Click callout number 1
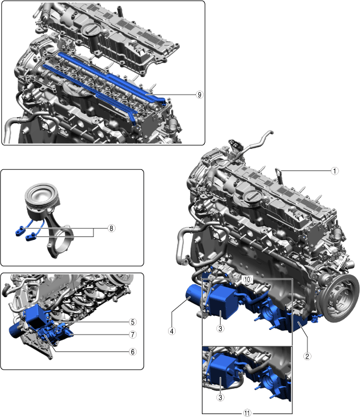click(x=335, y=171)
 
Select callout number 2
click(x=307, y=356)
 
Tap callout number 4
click(x=172, y=331)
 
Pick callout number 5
click(x=132, y=322)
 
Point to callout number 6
click(x=132, y=352)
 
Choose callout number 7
click(x=132, y=335)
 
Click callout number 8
click(x=111, y=228)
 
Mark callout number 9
click(x=200, y=95)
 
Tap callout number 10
click(x=247, y=280)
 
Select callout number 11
click(x=247, y=413)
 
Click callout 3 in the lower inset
click(x=220, y=398)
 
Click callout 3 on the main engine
click(x=220, y=329)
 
